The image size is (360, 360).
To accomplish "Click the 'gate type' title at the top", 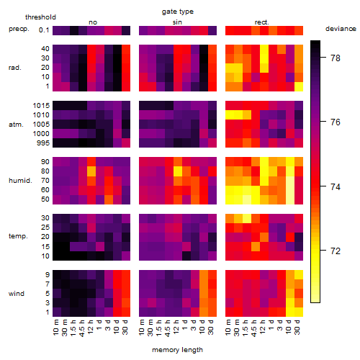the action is (x=178, y=12).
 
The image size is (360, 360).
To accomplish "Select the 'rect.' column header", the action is (x=261, y=22).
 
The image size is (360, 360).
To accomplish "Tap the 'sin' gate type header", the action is (x=177, y=22).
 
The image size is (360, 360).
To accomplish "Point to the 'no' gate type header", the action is (x=93, y=22).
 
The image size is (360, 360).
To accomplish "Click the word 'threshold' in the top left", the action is (x=40, y=17).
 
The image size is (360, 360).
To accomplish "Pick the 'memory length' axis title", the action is (x=177, y=350).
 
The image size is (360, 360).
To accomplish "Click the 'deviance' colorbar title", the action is (x=341, y=29).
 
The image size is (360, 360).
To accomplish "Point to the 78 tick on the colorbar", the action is (x=336, y=58).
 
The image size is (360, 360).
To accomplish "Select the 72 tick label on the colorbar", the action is (x=336, y=251).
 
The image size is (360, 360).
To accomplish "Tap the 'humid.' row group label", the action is (x=20, y=181).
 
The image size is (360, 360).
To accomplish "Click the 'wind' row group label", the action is (x=17, y=294).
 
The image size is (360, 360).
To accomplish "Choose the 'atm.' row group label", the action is (x=16, y=125).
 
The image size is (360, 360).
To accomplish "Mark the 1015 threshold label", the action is (x=41, y=106).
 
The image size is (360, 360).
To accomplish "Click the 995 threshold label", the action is (x=43, y=143).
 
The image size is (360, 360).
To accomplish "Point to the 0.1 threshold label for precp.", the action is (x=44, y=30).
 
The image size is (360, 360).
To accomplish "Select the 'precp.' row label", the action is (x=19, y=29).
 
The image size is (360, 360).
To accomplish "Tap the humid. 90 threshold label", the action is (x=45, y=162).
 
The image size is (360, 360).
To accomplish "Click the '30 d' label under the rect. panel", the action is (x=297, y=327).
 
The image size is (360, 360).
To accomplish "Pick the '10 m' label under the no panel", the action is (x=55, y=327).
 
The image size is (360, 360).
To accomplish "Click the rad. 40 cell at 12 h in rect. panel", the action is (x=264, y=49).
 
